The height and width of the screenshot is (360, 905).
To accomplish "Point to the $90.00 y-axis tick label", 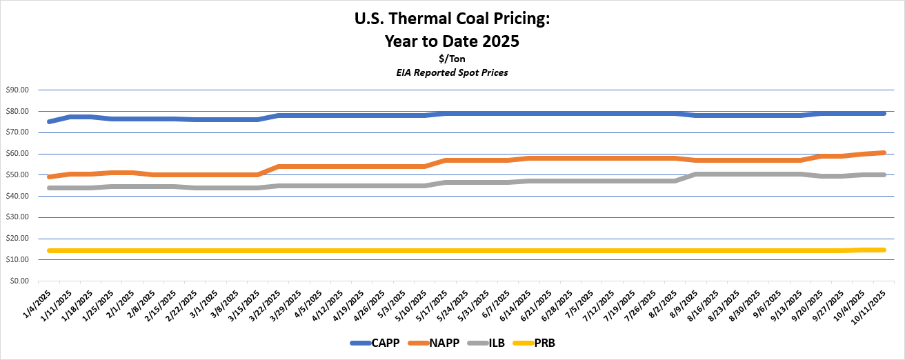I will pos(17,90).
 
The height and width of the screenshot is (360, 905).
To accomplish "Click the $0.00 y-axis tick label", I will pos(19,281).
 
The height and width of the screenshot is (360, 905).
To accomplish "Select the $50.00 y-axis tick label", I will pos(17,174).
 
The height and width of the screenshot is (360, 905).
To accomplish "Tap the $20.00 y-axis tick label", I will pos(17,239).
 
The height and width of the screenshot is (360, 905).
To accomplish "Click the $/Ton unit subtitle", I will pos(452,59).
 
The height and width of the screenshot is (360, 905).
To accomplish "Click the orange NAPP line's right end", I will pos(883,152).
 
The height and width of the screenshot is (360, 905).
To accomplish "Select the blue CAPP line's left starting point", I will pos(50,121).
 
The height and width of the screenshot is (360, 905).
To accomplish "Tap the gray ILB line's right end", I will pos(883,174).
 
